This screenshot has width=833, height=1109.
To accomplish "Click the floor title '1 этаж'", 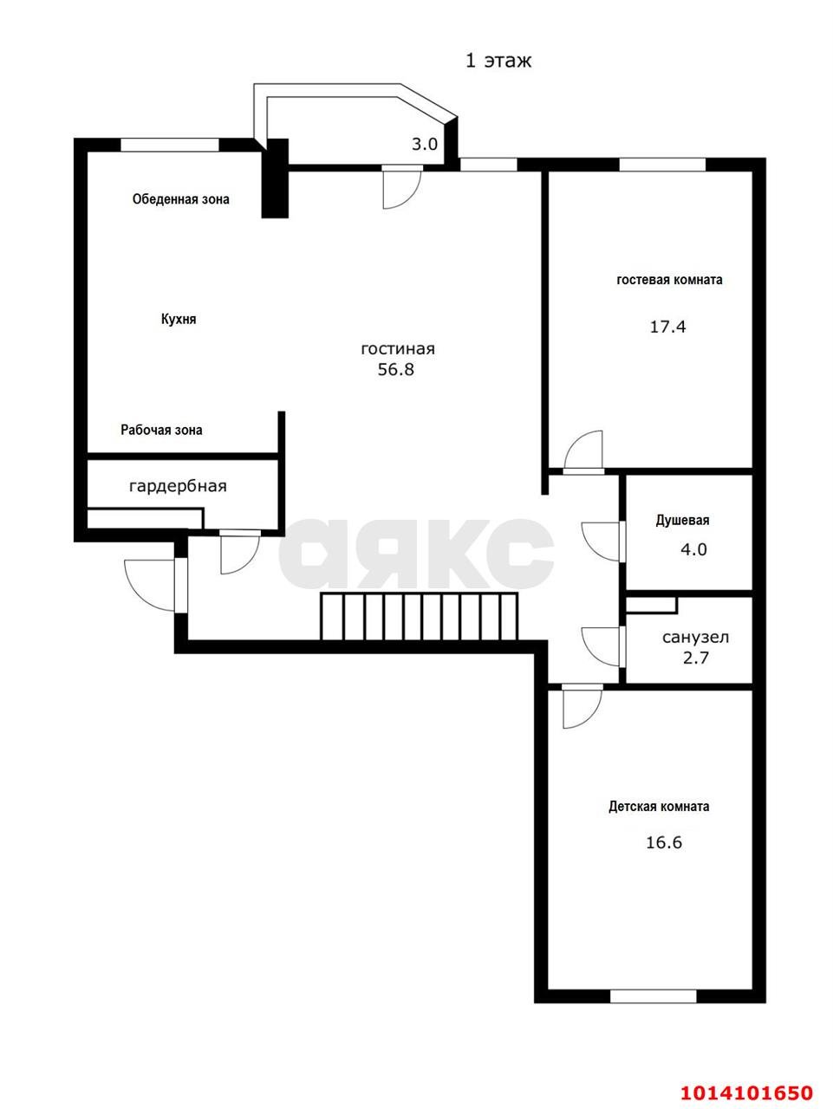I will [498, 61].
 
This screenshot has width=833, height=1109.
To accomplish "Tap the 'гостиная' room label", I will [398, 349].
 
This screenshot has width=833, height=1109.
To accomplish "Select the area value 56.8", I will [397, 369].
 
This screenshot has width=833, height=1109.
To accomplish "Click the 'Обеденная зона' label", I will [180, 199].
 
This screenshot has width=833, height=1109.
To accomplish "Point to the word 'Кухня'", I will [179, 319].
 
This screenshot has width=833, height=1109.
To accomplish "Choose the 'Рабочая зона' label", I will [162, 430].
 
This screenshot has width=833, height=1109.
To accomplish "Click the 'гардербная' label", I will [178, 486].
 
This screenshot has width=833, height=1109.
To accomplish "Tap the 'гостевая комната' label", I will [669, 280].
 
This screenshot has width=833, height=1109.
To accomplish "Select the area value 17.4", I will [667, 327].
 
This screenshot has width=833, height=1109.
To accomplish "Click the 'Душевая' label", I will [682, 521].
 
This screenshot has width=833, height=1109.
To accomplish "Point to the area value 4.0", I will [693, 549].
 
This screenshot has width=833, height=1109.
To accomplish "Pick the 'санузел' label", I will [695, 638].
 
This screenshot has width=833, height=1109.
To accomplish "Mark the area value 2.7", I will [696, 658].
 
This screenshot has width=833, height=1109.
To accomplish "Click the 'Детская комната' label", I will [659, 807].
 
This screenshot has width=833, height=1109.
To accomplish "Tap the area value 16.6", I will [663, 842].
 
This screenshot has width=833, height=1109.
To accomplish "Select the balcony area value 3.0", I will [424, 145].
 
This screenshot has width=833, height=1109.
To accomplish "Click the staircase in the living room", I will [420, 616].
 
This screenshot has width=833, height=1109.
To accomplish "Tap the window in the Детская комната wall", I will [653, 996].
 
